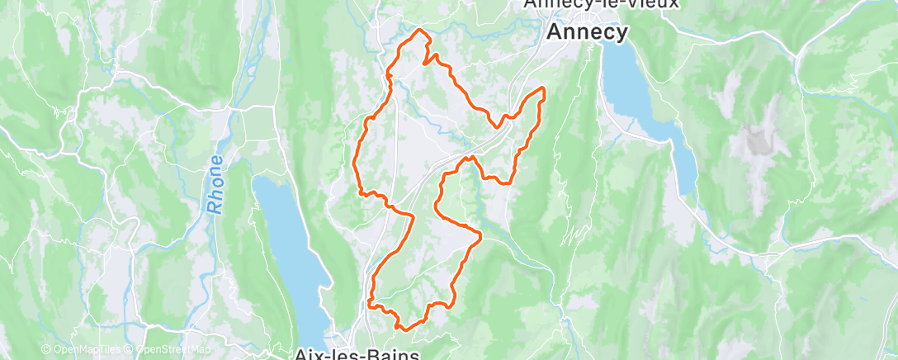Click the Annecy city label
[x=586, y=31]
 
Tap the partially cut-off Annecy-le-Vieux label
[x=602, y=4]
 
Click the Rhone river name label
[x=216, y=173]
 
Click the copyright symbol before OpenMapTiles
[x=46, y=349]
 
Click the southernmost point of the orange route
[x=402, y=329]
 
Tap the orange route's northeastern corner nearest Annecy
[x=543, y=88]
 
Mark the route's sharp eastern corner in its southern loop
[x=480, y=238]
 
